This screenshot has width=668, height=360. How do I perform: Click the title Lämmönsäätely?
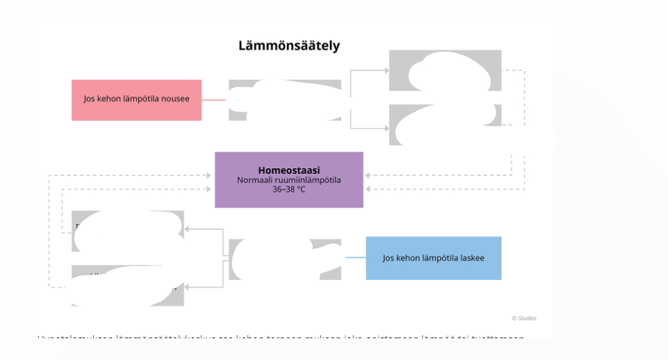pos(289,46)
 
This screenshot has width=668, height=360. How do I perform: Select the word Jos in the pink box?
pos(89,99)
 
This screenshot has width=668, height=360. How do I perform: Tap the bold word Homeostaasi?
pos(288,170)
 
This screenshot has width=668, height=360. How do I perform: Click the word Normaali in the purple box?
pos(253,180)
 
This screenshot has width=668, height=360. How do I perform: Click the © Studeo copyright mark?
pos(524,318)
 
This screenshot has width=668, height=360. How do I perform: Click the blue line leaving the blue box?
pos(355,257)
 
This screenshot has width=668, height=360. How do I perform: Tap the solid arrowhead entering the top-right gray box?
pos(386,70)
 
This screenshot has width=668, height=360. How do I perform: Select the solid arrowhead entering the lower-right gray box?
pos(386,128)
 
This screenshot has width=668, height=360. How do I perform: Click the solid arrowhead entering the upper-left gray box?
pos(187,229)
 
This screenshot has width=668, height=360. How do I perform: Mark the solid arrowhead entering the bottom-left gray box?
pos(187,286)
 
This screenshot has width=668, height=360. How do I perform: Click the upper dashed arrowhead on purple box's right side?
pos(367,175)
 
